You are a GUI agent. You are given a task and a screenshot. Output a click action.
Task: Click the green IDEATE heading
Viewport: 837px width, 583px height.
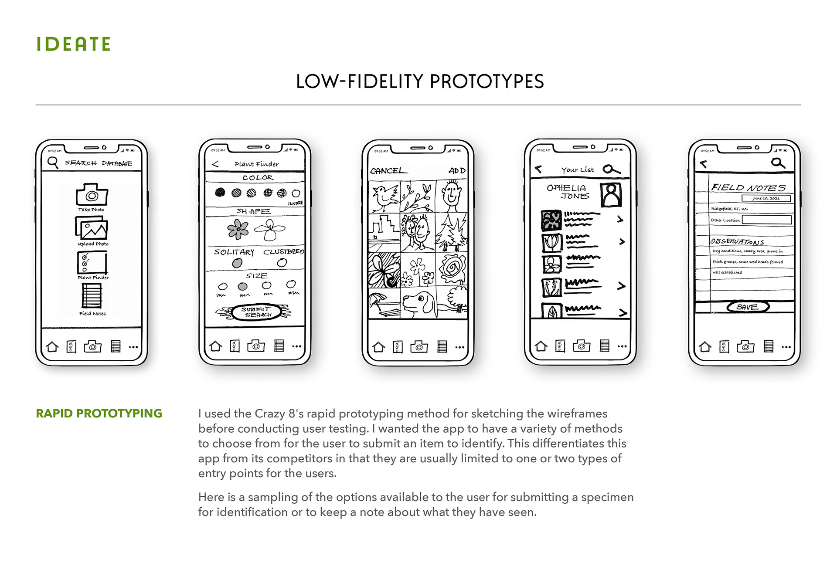pos(73,44)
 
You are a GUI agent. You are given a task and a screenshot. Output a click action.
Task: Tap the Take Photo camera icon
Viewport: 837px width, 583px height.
pos(92,194)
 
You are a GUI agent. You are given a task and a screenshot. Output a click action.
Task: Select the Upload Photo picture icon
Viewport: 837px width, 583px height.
pos(92,227)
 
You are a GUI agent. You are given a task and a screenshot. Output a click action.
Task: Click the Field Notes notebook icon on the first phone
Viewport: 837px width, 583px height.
pos(92,295)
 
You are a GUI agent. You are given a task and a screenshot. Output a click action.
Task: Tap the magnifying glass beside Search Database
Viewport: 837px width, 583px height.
pos(53,163)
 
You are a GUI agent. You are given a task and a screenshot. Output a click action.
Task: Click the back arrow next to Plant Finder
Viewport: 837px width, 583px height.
pos(215,164)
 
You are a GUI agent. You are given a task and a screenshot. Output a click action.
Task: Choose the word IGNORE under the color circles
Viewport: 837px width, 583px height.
pos(295,203)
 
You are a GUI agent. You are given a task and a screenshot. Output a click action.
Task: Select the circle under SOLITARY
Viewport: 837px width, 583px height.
pos(237,263)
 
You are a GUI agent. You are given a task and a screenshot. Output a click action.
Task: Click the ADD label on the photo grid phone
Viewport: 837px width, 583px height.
pos(457,171)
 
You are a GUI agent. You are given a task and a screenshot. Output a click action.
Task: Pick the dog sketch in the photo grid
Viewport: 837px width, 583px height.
pos(418,302)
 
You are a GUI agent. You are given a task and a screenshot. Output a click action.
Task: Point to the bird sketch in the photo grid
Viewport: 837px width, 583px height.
pos(384,197)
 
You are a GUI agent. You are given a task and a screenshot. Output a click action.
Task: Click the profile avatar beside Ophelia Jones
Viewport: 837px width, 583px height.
pos(611,195)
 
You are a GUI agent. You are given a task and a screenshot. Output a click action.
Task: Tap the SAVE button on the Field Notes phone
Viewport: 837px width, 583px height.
pos(748,307)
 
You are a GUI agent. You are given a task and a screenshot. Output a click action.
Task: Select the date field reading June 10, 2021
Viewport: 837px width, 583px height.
pos(766,198)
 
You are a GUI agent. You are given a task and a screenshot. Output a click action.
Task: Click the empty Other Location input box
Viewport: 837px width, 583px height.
pos(766,220)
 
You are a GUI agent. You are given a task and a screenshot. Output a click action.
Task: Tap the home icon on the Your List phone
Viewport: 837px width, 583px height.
pos(541,346)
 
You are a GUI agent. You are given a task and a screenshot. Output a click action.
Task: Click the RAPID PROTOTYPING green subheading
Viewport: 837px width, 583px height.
pos(99,414)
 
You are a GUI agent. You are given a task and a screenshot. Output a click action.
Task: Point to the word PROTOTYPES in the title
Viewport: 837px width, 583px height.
pos(487,81)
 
